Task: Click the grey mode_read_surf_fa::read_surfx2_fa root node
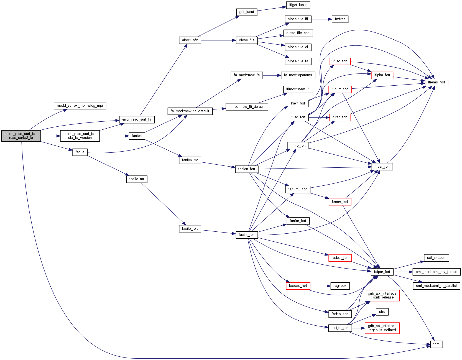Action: pos(21,136)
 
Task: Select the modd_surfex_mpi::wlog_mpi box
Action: pos(80,106)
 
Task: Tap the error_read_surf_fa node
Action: pos(137,119)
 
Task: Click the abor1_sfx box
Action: pos(190,40)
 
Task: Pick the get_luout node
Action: pos(246,12)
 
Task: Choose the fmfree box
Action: pos(340,19)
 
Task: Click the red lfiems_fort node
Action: pos(436,82)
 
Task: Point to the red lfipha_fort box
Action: pos(382,75)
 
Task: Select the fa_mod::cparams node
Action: pos(298,75)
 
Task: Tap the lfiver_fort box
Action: pos(382,167)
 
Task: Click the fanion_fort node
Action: pos(246,169)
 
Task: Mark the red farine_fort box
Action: pos(340,201)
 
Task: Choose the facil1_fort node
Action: pos(246,235)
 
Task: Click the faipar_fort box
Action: pos(382,272)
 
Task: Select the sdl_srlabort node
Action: pos(436,258)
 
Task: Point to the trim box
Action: pos(436,344)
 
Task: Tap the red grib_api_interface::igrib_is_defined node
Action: pos(382,328)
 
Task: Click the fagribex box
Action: pos(340,286)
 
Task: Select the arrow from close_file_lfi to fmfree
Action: pos(321,19)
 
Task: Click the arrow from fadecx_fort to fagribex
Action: pos(320,286)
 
